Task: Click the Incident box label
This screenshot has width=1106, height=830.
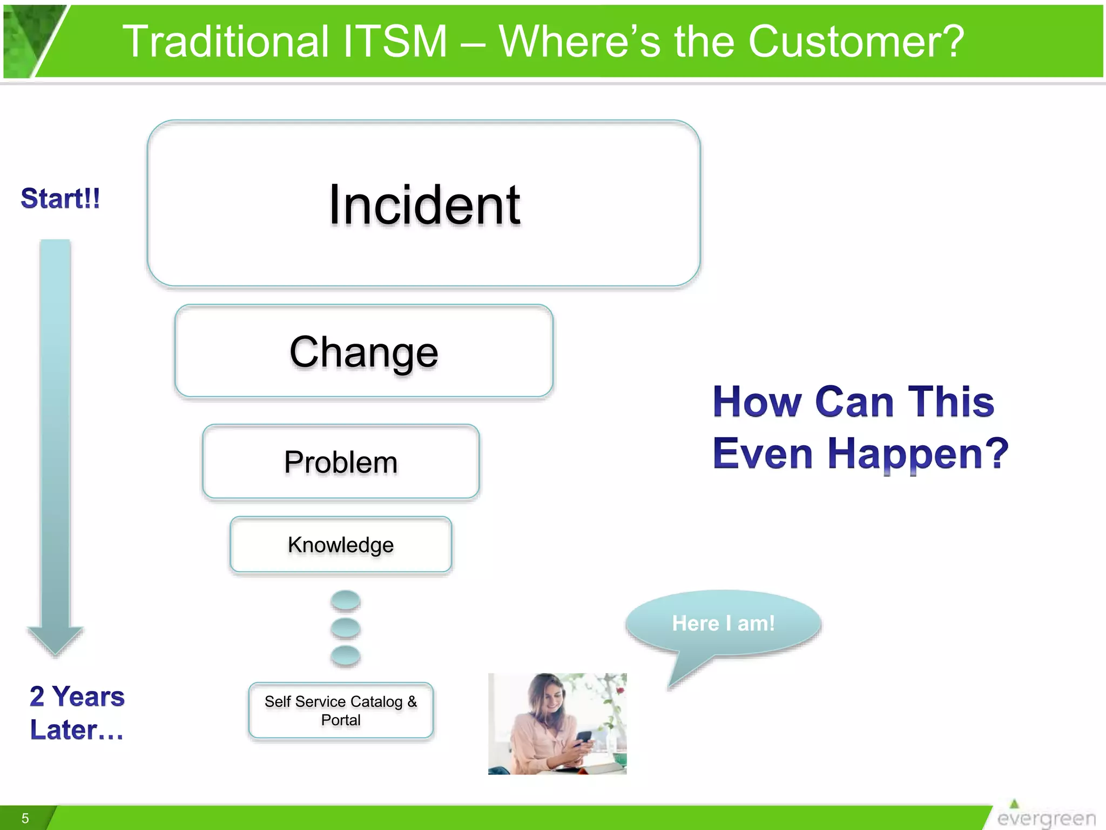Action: coord(424,205)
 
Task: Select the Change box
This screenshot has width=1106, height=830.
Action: coord(363,352)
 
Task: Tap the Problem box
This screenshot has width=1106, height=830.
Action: coord(341,462)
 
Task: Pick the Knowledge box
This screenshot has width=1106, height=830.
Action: coord(341,545)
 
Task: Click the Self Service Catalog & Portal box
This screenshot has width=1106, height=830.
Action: coord(341,710)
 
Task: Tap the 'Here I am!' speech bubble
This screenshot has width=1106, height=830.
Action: coord(723,623)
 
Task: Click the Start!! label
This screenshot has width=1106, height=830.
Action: coord(60,198)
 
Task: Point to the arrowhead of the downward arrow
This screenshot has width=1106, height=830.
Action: coord(55,641)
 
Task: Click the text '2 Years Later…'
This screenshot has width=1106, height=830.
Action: coord(77,712)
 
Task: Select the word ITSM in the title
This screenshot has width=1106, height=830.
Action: coord(395,42)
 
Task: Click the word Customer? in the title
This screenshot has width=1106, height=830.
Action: coord(856,42)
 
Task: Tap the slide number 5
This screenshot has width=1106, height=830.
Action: coord(25,818)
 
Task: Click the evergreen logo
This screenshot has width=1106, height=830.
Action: coord(1045,816)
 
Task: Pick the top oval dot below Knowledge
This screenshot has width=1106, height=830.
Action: coord(346,600)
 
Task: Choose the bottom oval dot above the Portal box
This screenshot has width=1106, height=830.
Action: coord(346,655)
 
